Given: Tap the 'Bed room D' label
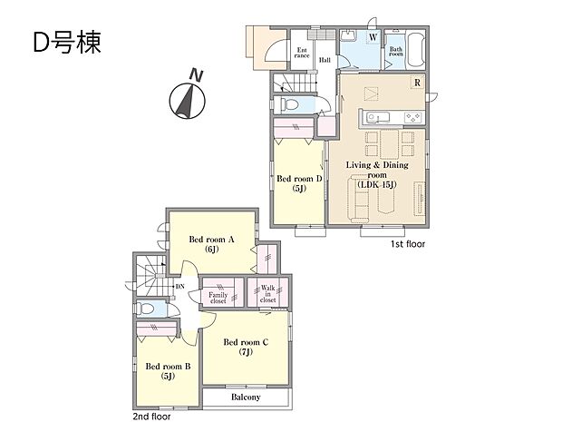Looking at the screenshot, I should pyautogui.click(x=299, y=183).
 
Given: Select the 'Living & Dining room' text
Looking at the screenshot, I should pyautogui.click(x=377, y=171).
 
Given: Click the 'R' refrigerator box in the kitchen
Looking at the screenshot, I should pyautogui.click(x=416, y=83).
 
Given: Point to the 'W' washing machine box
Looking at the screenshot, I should pyautogui.click(x=373, y=38).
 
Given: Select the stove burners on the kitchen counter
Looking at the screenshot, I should pyautogui.click(x=412, y=117).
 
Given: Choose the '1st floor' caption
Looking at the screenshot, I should pyautogui.click(x=409, y=245).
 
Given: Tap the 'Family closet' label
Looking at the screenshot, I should pyautogui.click(x=218, y=298).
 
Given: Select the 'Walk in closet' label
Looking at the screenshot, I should pyautogui.click(x=268, y=291).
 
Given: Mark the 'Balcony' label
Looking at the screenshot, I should pyautogui.click(x=245, y=397).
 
